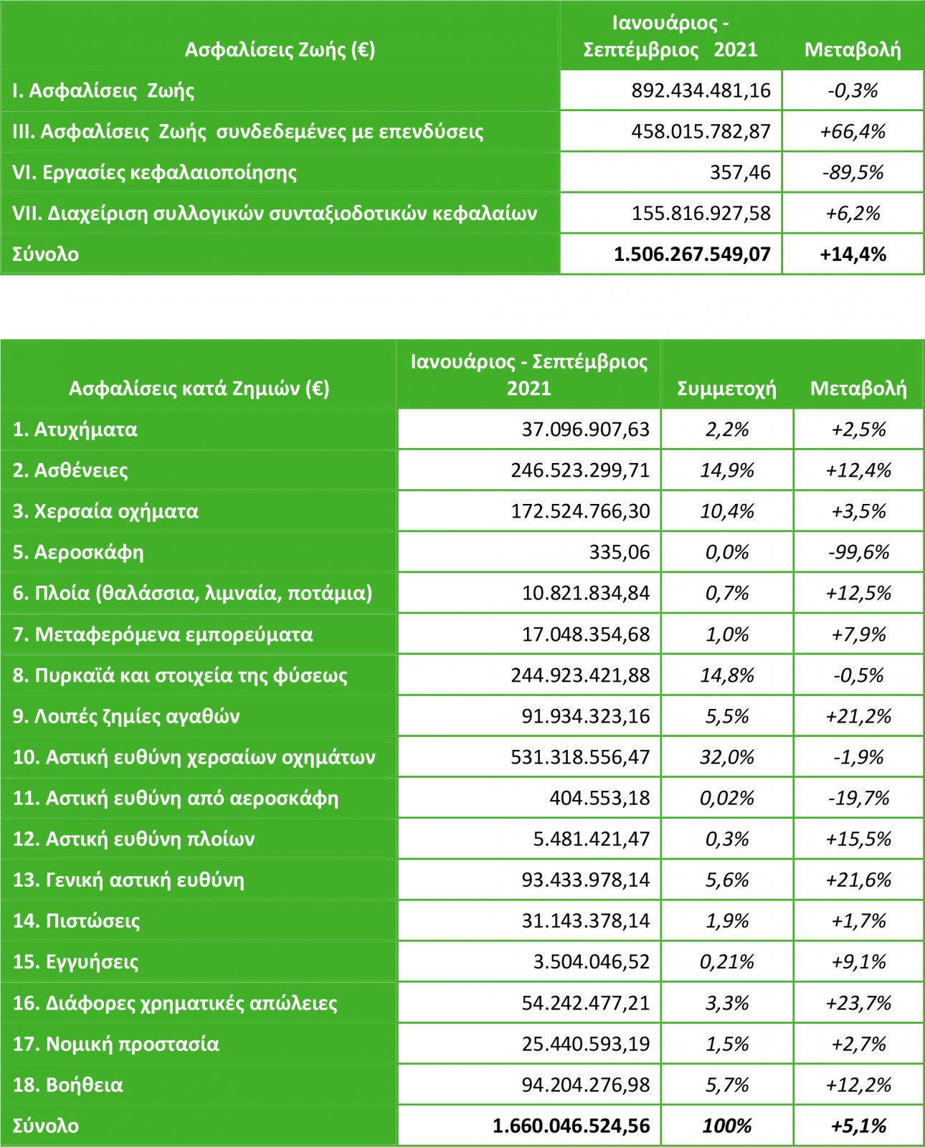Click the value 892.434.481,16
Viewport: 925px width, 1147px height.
click(701, 90)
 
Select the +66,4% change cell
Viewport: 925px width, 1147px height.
click(853, 131)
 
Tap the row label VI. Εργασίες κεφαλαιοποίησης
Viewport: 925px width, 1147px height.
click(154, 173)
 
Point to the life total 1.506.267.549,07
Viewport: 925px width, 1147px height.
click(692, 254)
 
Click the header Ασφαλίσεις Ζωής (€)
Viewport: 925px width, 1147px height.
click(280, 49)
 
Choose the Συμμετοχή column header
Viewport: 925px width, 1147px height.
click(726, 389)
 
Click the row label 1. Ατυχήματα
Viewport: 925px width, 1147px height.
click(75, 429)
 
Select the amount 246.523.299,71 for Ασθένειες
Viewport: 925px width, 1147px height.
click(580, 470)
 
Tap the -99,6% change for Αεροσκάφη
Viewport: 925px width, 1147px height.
click(858, 552)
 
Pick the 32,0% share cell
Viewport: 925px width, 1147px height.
click(726, 757)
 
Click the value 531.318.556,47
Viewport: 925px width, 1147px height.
click(580, 757)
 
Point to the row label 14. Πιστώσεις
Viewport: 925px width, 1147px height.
click(76, 920)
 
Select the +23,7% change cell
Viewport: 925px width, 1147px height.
click(858, 1003)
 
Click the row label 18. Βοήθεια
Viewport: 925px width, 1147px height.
click(67, 1085)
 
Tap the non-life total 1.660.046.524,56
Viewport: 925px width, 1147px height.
click(571, 1125)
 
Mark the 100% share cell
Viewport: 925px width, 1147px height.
click(726, 1125)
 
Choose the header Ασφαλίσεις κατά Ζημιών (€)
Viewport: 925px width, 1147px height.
click(199, 389)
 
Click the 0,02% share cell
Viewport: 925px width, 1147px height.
click(726, 798)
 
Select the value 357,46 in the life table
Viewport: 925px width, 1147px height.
click(740, 173)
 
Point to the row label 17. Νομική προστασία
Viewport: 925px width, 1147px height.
click(115, 1044)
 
